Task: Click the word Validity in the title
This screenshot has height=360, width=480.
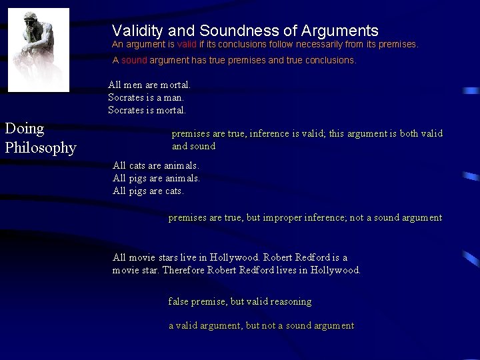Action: point(136,31)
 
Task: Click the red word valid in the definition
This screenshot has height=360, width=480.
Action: point(187,45)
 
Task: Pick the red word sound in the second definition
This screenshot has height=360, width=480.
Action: point(134,60)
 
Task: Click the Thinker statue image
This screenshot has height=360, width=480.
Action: point(38,49)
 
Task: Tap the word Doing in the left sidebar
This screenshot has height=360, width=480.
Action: point(24,129)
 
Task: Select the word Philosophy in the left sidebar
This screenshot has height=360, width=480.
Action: point(40,147)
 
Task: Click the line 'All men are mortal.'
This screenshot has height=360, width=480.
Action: point(149,85)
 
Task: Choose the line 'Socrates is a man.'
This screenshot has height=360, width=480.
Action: point(147,97)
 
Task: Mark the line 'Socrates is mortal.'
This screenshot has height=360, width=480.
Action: point(147,110)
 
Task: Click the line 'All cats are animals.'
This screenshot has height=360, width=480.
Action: point(155,165)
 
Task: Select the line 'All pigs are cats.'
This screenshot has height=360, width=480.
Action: point(148,191)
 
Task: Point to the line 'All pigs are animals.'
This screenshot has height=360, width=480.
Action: point(156,178)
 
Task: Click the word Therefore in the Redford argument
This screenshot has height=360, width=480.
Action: point(183,270)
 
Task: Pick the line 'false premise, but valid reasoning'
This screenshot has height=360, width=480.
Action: point(239,301)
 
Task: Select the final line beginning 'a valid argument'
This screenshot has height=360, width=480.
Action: point(261,325)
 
